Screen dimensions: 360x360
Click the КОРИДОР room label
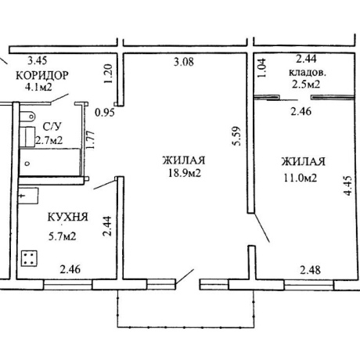click(x=42, y=75)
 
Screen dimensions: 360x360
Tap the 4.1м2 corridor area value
click(x=38, y=87)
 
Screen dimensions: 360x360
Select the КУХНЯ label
click(x=68, y=217)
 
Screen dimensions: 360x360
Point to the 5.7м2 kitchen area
click(x=62, y=236)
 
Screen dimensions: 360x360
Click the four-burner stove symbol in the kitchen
click(x=29, y=258)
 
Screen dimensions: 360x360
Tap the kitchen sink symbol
click(x=29, y=196)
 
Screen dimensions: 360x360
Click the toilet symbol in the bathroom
click(x=27, y=116)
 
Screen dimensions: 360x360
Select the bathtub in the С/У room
click(x=50, y=162)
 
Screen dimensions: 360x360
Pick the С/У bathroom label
click(x=52, y=127)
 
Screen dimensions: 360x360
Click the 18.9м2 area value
click(x=184, y=173)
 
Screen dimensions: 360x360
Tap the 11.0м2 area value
click(x=300, y=178)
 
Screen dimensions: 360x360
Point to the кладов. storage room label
click(x=308, y=72)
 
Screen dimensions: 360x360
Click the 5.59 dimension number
click(x=237, y=136)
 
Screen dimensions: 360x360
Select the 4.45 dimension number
click(x=347, y=185)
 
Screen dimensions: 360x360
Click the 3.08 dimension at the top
click(x=184, y=62)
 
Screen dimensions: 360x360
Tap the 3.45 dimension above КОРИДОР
click(x=38, y=60)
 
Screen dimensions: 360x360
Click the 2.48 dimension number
click(x=310, y=270)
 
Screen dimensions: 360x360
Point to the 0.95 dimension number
click(x=105, y=113)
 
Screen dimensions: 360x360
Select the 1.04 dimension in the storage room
click(x=262, y=68)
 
